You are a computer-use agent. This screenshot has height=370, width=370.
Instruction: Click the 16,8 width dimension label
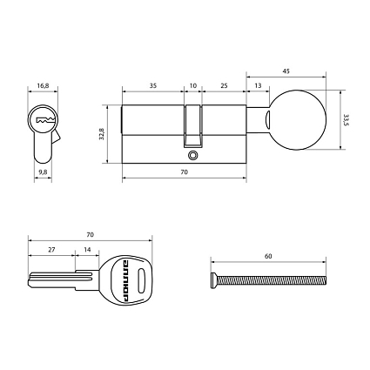[x=43, y=86]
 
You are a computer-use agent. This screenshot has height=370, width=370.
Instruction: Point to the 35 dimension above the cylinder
[x=153, y=86]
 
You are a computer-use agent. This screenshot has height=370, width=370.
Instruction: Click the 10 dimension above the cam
[x=193, y=86]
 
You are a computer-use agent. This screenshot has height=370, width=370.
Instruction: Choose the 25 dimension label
[x=224, y=86]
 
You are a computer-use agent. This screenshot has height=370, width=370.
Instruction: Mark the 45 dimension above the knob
[x=286, y=71]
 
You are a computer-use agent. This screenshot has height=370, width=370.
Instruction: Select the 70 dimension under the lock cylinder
[x=185, y=174]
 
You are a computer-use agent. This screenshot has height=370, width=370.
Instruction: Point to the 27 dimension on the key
[x=51, y=249]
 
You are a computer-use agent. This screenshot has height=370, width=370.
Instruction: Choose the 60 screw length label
[x=268, y=257]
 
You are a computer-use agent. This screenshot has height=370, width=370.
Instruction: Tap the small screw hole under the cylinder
[x=192, y=157]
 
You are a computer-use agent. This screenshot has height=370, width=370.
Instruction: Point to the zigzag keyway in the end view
[x=44, y=119]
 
